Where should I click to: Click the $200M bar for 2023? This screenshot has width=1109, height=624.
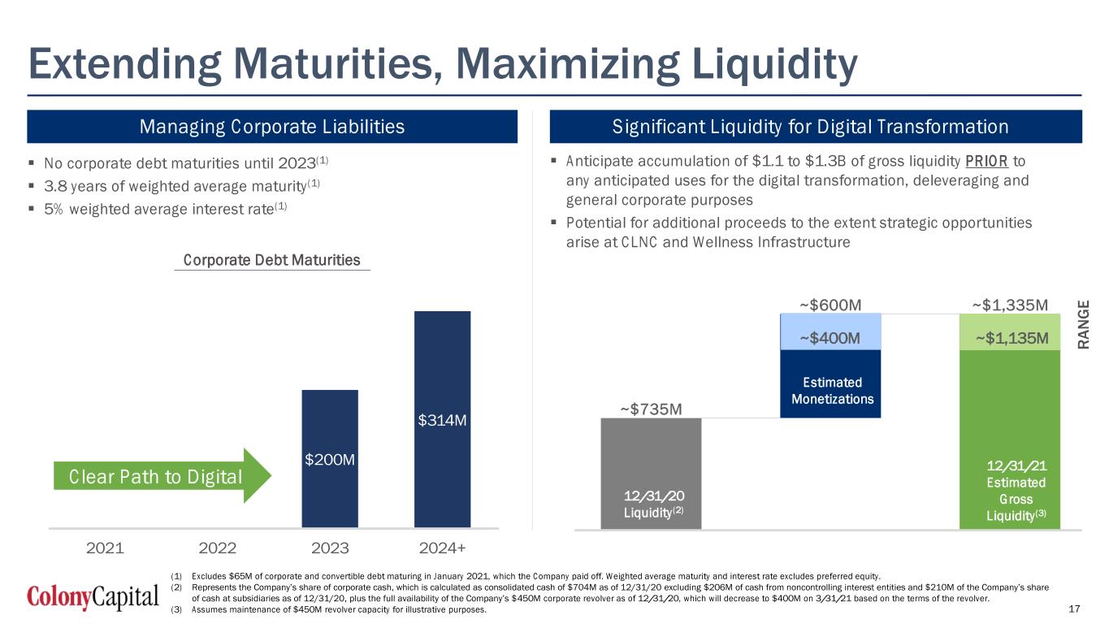coord(330,459)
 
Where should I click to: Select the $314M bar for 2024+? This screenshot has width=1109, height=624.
coord(442,418)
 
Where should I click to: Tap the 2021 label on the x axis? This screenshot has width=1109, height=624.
coord(105,548)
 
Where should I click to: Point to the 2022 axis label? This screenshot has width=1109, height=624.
coord(218,548)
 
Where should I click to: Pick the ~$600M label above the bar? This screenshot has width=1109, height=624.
coord(830,305)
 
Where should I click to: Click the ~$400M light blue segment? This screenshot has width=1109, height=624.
coord(830,336)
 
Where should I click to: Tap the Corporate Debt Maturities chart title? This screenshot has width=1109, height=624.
coord(271,260)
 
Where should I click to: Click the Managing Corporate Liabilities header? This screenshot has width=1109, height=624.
coord(272,127)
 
